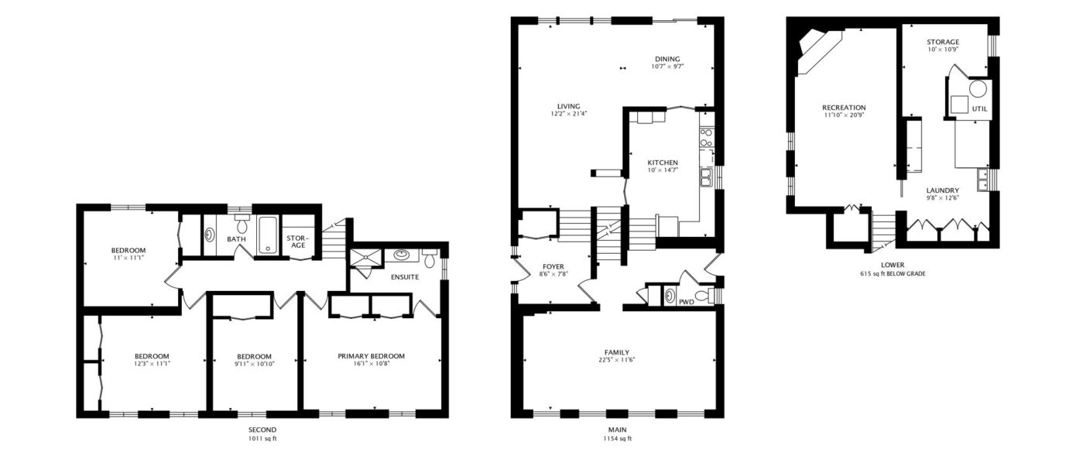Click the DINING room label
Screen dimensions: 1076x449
pos(667,59)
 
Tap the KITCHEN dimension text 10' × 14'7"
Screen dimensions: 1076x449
pos(663,170)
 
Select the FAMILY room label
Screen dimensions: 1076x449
pos(617,352)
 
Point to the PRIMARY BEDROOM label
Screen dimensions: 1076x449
pos(371,356)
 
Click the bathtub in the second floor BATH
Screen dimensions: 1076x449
pos(268,235)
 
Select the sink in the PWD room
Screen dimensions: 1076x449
pos(670,295)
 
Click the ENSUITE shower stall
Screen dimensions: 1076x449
pos(366,257)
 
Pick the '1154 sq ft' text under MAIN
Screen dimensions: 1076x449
pos(617,438)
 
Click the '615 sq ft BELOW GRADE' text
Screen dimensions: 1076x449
pos(893,274)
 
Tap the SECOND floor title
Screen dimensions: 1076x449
pos(262,430)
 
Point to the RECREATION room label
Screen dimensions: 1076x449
pos(844,108)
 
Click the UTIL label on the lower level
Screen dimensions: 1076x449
pos(979,109)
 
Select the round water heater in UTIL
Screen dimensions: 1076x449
pos(978,89)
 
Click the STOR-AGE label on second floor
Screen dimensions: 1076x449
pos(298,242)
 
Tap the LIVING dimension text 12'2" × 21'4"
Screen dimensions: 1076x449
pos(569,114)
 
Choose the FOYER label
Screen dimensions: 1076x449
pos(553,266)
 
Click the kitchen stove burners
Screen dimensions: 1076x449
pos(706,137)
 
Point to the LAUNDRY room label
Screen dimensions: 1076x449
pos(942,190)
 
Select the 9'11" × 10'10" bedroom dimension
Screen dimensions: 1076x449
pos(254,364)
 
